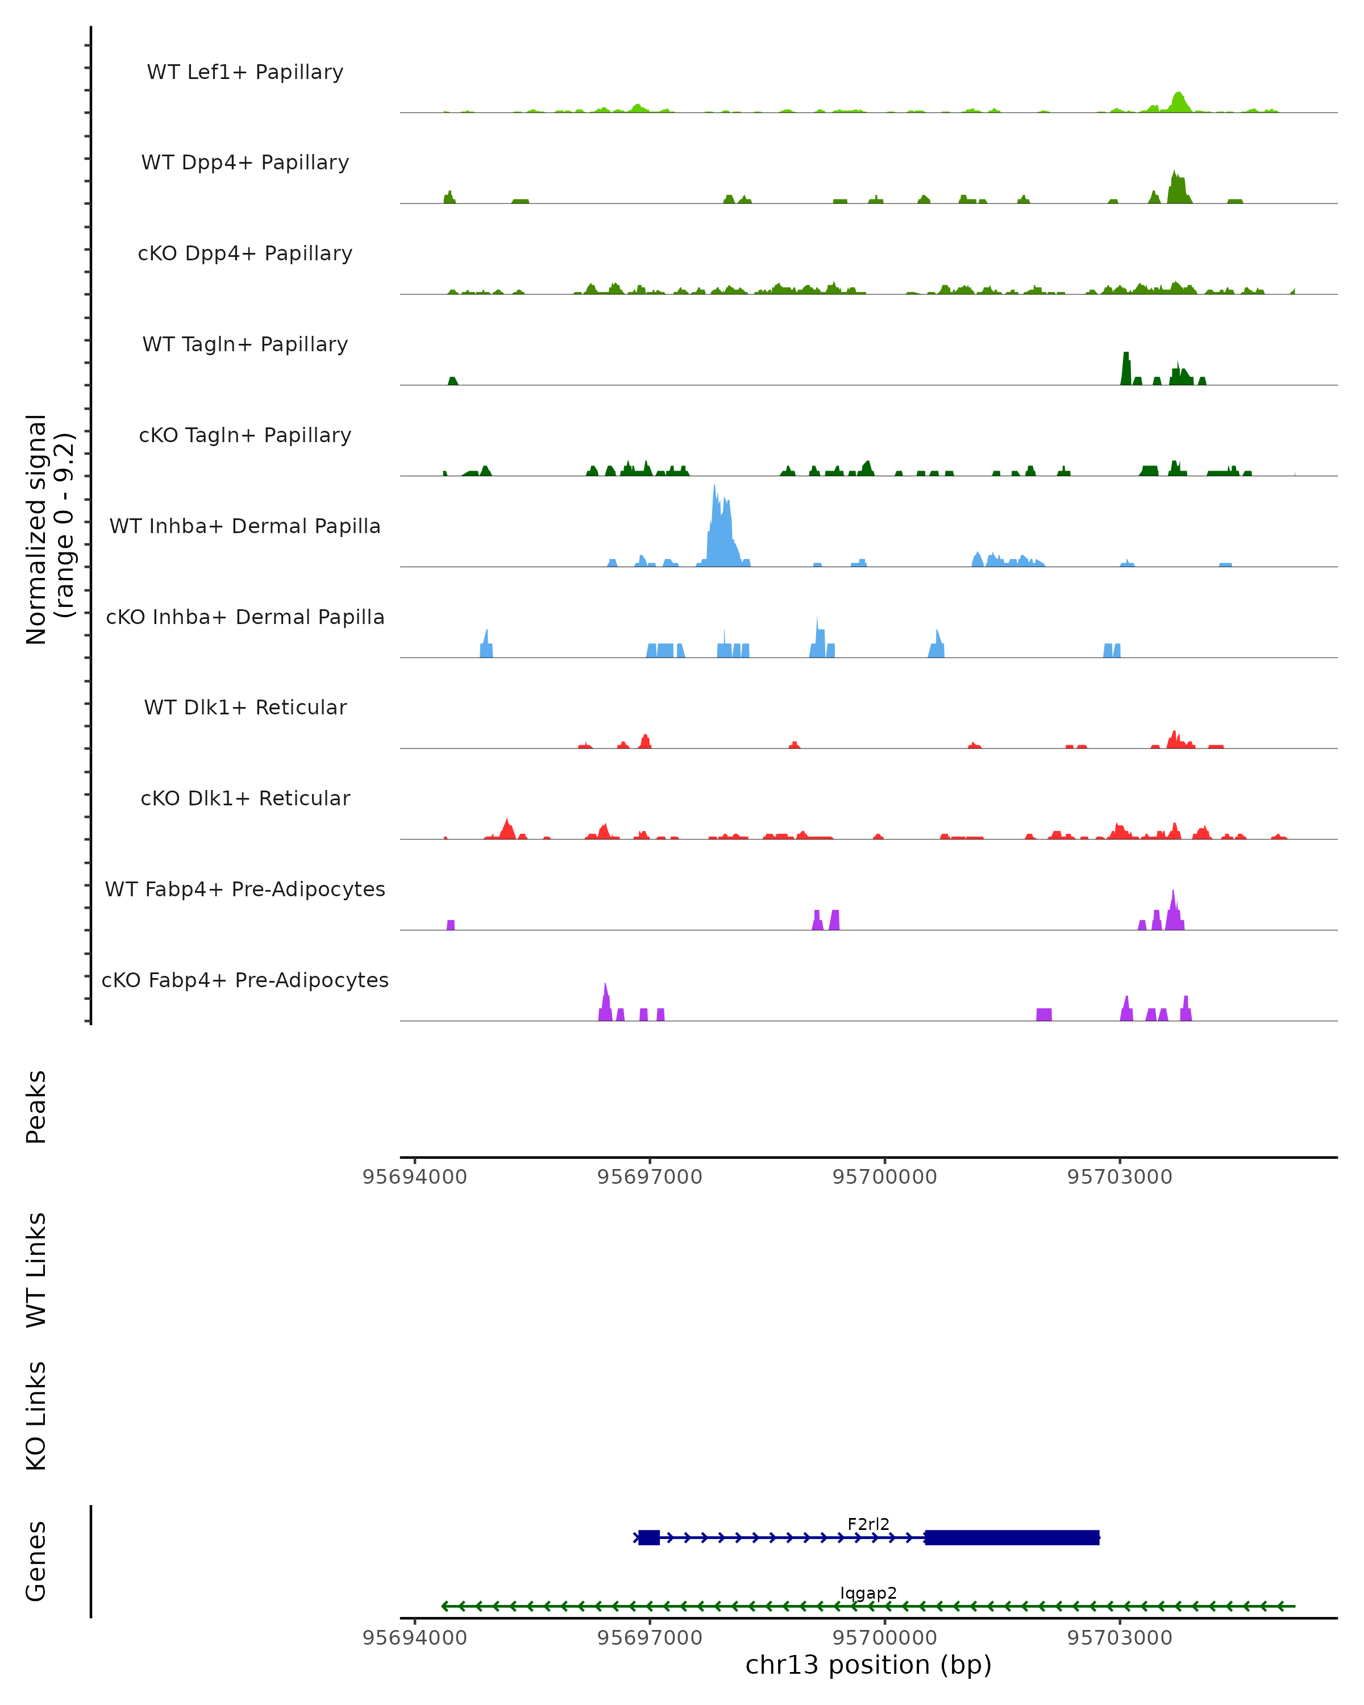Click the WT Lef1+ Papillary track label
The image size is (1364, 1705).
pos(245,72)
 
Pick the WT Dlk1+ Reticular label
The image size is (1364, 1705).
pos(245,707)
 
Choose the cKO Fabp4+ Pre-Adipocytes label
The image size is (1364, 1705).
pos(245,980)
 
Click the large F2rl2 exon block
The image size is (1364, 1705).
pos(1012,1537)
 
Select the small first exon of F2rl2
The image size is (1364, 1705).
pos(649,1537)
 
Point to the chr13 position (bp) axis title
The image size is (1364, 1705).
pos(868,1665)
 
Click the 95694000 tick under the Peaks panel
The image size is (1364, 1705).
pos(414,1177)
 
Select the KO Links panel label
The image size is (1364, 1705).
pos(36,1416)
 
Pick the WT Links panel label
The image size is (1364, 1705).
pos(36,1269)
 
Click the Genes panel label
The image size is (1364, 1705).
pos(36,1561)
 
